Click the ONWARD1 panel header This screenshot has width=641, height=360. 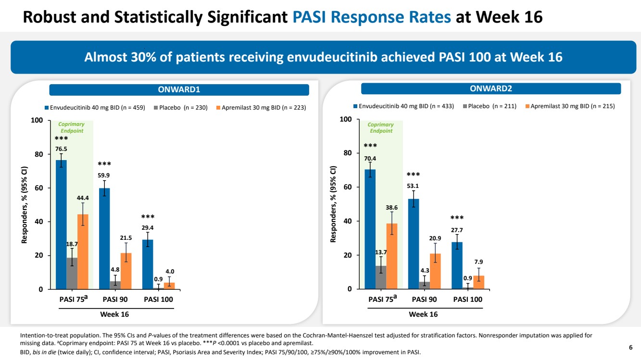[x=179, y=90]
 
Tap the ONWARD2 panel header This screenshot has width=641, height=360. [x=491, y=88]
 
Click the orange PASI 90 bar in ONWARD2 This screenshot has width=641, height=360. [x=435, y=271]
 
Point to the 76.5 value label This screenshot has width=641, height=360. [x=61, y=149]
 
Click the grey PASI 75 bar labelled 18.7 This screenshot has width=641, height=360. [x=72, y=274]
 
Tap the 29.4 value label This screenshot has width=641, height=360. [x=148, y=228]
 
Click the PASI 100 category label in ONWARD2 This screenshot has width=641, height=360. [x=467, y=299]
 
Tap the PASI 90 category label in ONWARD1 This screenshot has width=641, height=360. [x=115, y=299]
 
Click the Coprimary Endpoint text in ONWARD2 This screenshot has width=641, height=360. [x=380, y=128]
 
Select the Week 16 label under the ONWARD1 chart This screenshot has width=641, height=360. [x=114, y=314]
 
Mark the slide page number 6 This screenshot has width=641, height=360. [x=630, y=347]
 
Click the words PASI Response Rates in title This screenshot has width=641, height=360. [x=372, y=17]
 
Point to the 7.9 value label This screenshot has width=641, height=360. [x=478, y=262]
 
